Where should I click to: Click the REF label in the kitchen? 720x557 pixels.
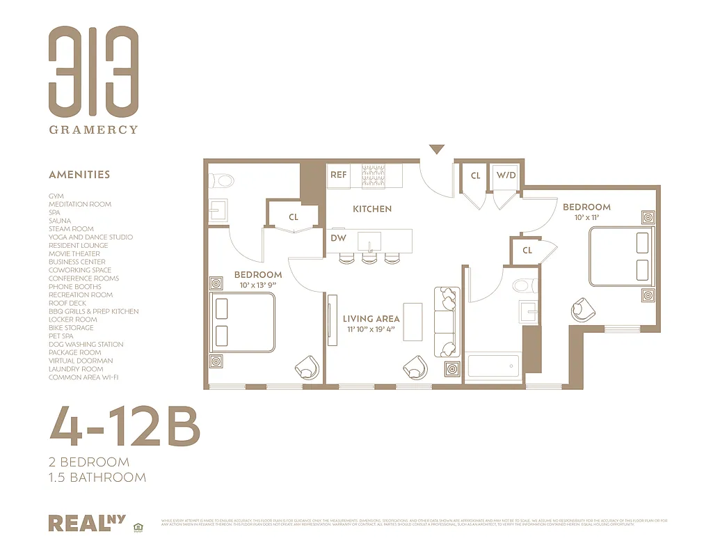coord(339,175)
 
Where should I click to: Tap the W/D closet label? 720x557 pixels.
coord(506,175)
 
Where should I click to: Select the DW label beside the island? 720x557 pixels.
coord(339,238)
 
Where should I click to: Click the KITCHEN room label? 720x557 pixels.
coord(372,209)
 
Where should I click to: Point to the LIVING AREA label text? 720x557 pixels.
coord(371,319)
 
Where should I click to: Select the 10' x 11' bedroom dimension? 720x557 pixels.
coord(586,218)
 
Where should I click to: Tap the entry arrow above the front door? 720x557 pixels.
coord(436,149)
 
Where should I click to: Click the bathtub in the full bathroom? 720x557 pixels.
coord(493,366)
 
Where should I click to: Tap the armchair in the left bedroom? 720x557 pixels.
coord(307,366)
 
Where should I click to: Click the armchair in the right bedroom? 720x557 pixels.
coord(582,310)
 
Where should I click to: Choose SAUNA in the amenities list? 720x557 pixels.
coord(60,221)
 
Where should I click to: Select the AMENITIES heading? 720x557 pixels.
coord(79,175)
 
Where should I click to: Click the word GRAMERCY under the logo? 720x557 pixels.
coord(93,130)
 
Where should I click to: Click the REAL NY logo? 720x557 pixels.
coord(82,522)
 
